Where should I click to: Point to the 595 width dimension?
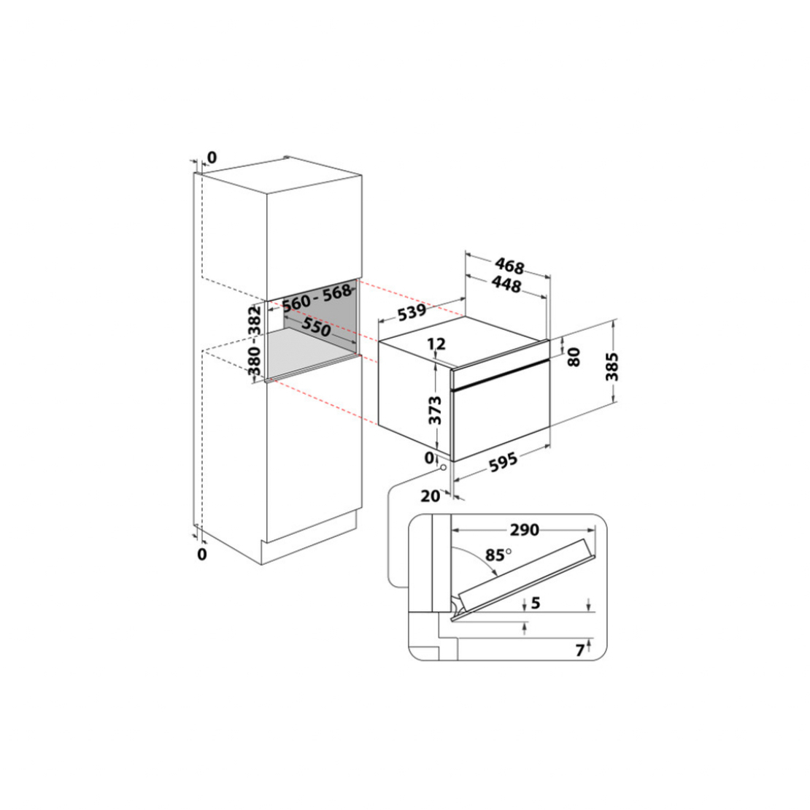(504, 461)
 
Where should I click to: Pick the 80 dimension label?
(574, 358)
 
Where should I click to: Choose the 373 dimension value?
(436, 410)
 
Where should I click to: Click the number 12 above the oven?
(436, 344)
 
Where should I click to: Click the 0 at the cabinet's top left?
(212, 157)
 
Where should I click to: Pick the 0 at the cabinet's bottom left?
(202, 555)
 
